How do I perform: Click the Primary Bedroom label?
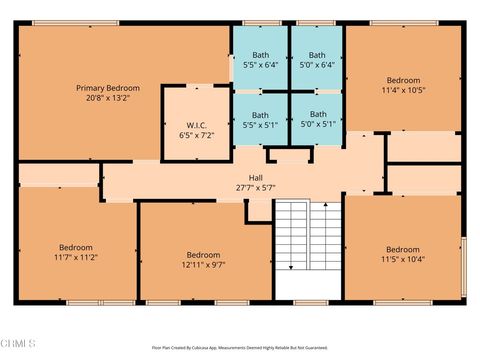point(108,88)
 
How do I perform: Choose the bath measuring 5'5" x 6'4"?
point(260,60)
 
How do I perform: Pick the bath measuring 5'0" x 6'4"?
point(317,60)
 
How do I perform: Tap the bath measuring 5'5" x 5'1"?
point(260,120)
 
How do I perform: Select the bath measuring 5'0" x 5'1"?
point(317,120)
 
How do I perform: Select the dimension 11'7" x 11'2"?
point(76,257)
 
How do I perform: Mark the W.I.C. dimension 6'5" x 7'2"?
point(196,135)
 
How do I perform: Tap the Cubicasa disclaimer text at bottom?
point(239,348)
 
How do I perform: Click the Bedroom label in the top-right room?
point(403,79)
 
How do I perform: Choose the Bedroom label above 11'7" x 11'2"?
point(76,246)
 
